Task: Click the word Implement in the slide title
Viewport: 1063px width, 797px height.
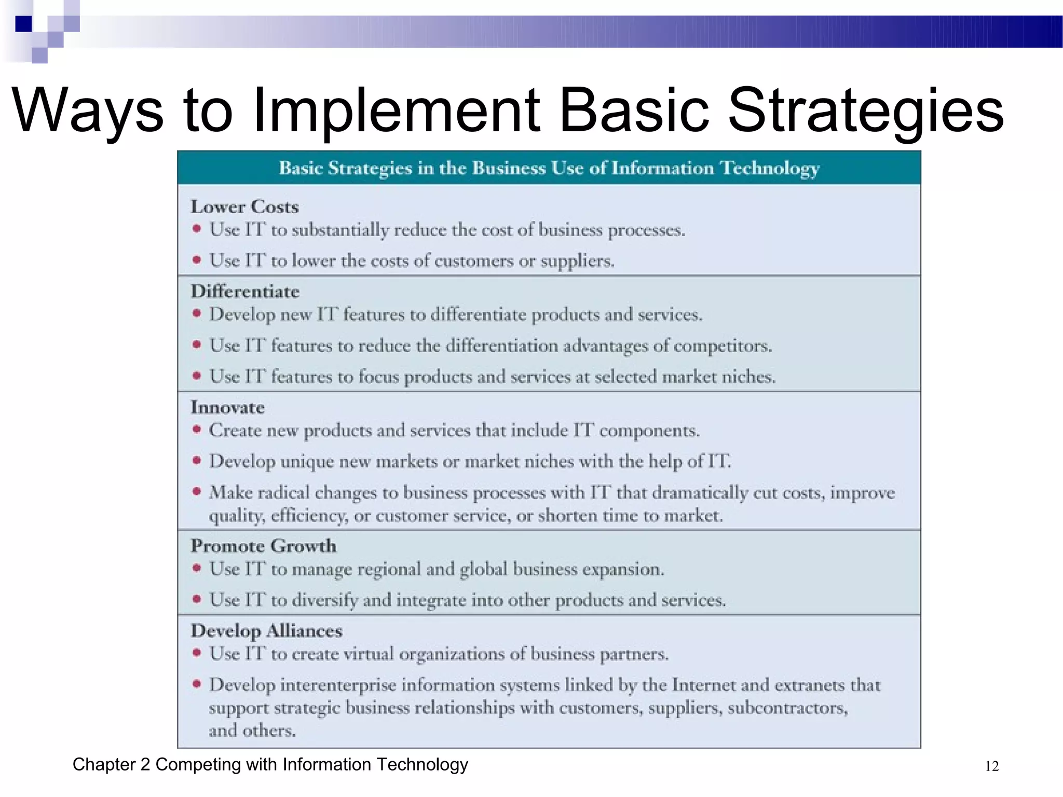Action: click(395, 111)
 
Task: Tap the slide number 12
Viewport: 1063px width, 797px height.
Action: click(991, 766)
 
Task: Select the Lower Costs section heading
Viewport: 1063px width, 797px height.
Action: click(244, 207)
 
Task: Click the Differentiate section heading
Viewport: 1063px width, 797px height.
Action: click(245, 291)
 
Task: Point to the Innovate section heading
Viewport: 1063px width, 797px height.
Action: click(227, 407)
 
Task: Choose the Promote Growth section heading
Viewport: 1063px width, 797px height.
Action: click(263, 546)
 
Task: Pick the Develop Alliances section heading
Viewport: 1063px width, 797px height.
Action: click(266, 630)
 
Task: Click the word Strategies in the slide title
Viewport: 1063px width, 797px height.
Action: click(865, 111)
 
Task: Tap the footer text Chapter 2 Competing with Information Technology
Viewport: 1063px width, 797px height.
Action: click(270, 764)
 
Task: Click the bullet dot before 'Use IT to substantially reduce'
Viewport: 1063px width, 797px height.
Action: click(197, 228)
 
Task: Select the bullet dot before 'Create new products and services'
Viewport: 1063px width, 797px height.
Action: click(197, 429)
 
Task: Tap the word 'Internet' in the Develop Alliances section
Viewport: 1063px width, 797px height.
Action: click(703, 685)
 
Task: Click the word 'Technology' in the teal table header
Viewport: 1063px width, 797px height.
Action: click(770, 168)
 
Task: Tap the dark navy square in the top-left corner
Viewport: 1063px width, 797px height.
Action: click(24, 24)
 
